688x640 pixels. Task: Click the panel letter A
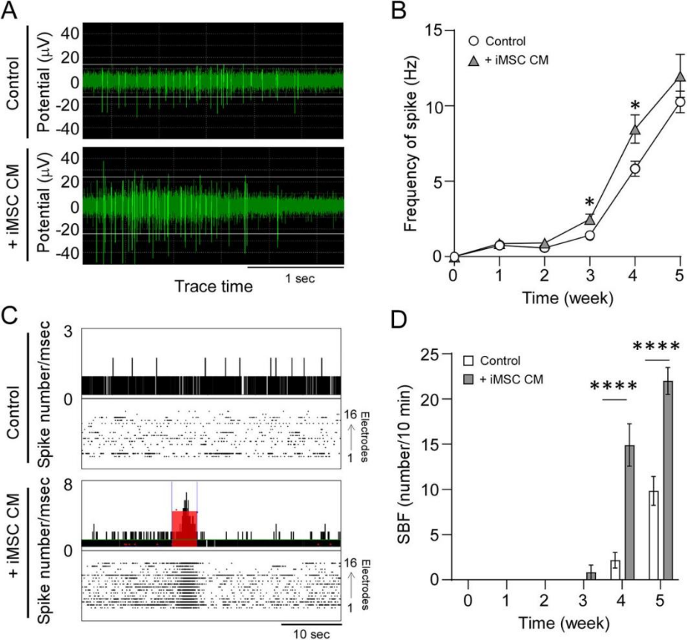point(13,13)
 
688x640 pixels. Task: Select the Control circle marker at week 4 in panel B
point(635,169)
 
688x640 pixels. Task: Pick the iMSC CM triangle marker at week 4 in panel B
point(635,130)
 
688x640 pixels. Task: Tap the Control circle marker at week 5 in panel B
point(680,102)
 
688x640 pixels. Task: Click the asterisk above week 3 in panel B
point(590,202)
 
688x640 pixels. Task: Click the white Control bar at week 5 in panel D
point(655,535)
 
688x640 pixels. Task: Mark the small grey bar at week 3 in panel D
point(592,575)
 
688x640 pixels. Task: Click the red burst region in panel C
point(184,527)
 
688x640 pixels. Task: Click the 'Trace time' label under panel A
point(213,285)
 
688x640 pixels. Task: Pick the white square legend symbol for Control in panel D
point(469,362)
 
